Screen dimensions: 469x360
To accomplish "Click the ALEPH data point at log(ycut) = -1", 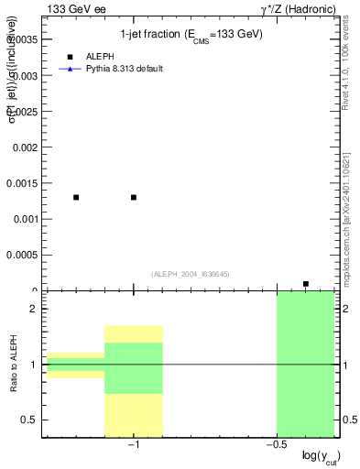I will point(134,197).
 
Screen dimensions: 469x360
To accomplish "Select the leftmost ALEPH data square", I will point(76,197).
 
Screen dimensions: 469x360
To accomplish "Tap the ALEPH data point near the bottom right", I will point(306,284).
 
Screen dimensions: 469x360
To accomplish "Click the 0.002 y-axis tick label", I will point(25,147).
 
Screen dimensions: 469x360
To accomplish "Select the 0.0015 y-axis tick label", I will point(22,182).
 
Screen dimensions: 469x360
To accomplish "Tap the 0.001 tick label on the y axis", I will point(25,218).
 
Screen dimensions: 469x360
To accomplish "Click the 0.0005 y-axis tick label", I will point(22,255).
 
